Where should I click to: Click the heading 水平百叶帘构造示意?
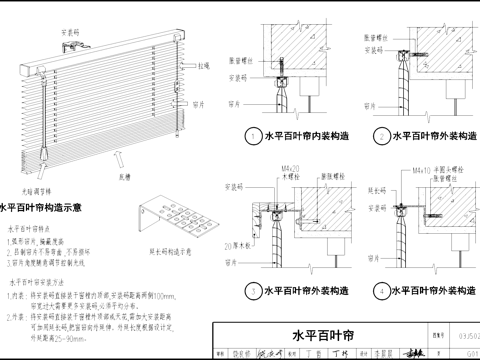44,209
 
